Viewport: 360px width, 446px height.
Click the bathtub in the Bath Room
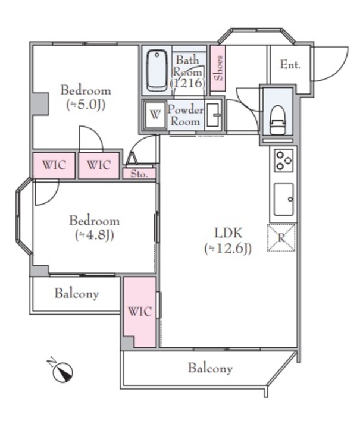tap(156, 71)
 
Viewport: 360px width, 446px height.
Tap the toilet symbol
tap(277, 120)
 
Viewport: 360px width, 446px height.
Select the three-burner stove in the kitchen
tap(283, 161)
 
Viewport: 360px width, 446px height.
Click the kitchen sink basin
tap(283, 199)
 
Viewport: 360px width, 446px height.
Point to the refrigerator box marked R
tap(281, 238)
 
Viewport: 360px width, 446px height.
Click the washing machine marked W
tap(155, 115)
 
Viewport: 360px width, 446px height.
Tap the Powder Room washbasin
tap(214, 115)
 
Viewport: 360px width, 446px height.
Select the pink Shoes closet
tap(218, 68)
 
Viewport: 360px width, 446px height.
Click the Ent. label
tap(290, 65)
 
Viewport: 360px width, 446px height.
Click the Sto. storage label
tap(139, 174)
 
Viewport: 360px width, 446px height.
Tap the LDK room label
tap(228, 234)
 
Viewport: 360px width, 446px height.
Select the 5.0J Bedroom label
tap(86, 98)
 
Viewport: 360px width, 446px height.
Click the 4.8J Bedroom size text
tap(95, 235)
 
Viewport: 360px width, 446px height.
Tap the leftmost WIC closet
tap(54, 165)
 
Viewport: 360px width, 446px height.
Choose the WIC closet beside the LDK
tap(140, 312)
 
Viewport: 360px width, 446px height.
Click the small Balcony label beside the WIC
tap(77, 294)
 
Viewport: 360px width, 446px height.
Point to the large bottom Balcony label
tap(210, 368)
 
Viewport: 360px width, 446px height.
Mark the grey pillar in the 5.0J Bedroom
tap(40, 103)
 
